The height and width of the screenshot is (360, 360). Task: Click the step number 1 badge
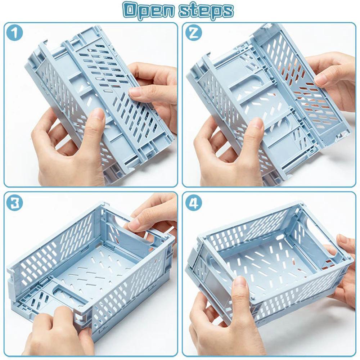point(14,33)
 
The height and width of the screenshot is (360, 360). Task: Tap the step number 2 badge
point(193,33)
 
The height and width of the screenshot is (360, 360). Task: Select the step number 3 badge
point(14,203)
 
